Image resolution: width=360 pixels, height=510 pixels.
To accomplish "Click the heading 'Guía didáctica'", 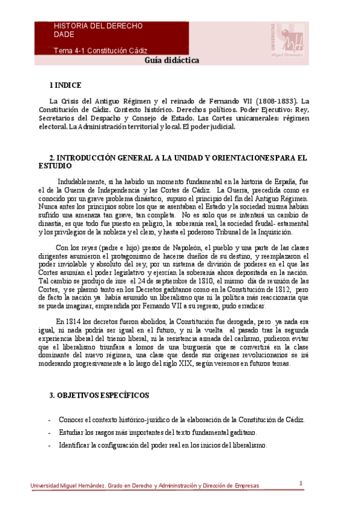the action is click(172, 61).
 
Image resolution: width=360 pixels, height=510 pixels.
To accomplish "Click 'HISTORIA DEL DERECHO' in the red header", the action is click(98, 26).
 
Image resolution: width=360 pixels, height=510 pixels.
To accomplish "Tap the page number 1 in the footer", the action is click(301, 482).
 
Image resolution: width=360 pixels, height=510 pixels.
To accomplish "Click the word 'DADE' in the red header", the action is click(64, 35).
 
